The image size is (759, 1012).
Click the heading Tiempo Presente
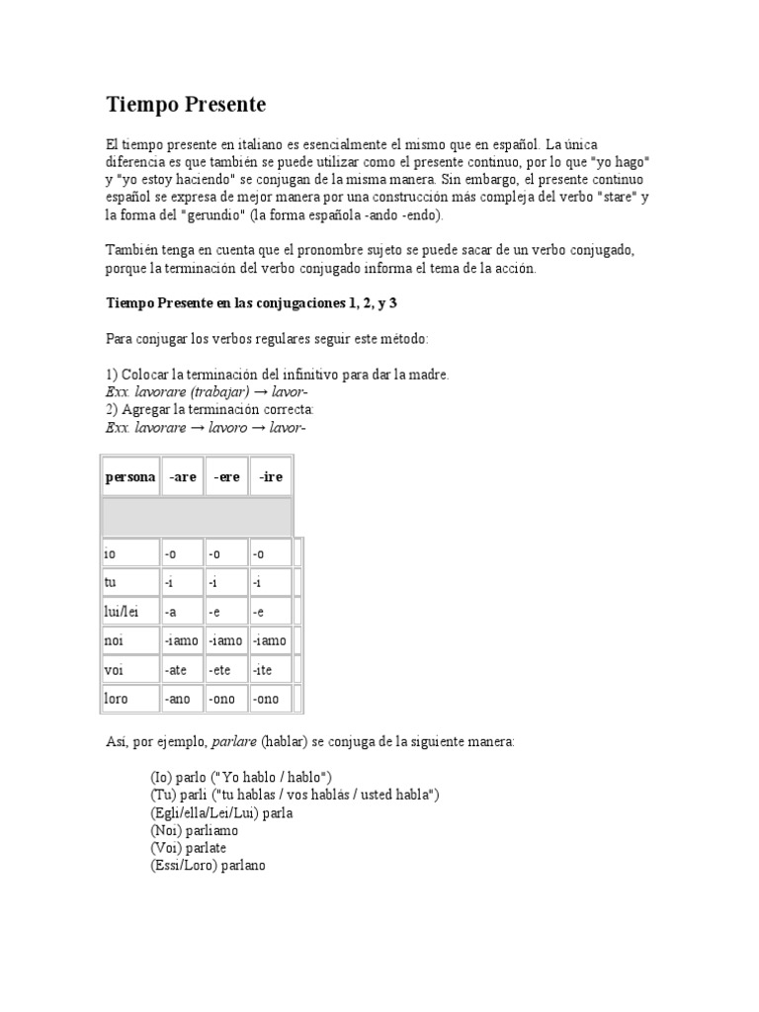186,104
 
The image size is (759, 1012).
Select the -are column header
182,476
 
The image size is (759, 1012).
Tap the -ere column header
227,476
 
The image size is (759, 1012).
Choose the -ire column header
271,476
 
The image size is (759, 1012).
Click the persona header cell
130,476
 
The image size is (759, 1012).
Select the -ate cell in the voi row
178,670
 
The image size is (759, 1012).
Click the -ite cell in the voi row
264,670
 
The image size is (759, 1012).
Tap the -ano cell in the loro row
179,699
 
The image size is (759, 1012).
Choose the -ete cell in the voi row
222,670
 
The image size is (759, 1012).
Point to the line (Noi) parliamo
194,831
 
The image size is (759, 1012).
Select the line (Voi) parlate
190,848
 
